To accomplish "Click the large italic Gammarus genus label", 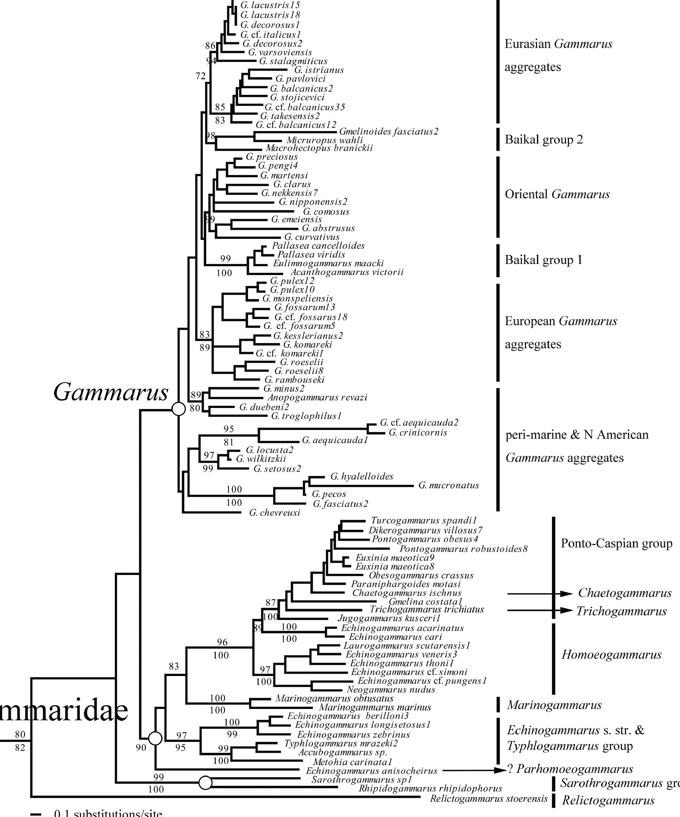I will click(111, 392).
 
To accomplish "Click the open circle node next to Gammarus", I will click(178, 409).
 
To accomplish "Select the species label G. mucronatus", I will click(449, 486).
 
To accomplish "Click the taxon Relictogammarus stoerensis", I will click(489, 799).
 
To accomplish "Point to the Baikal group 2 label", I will click(543, 140).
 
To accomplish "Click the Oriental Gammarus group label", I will click(557, 194).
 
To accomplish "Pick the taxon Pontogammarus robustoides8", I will click(463, 549).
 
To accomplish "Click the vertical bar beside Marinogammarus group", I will click(498, 704).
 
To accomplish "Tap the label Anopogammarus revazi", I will click(317, 398).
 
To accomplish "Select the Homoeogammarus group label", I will click(611, 655).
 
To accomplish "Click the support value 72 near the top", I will click(200, 76).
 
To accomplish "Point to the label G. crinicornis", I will click(418, 433).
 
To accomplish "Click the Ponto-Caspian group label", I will click(616, 543).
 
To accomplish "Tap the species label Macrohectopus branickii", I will click(319, 148).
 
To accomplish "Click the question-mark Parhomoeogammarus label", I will click(570, 769).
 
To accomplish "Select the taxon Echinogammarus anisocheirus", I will click(372, 771).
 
